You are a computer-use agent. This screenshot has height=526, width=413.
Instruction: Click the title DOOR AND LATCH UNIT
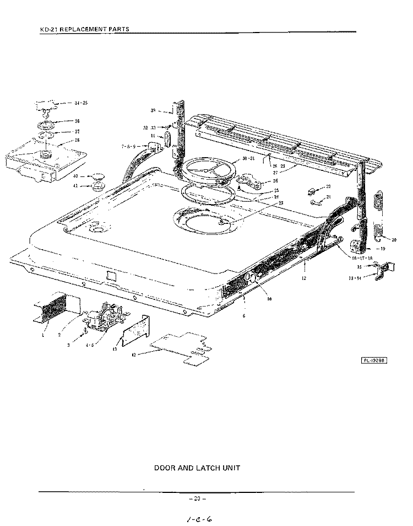pyautogui.click(x=197, y=468)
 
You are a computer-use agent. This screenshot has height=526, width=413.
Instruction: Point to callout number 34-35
pyautogui.click(x=81, y=103)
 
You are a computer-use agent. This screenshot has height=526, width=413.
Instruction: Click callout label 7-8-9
pyautogui.click(x=128, y=147)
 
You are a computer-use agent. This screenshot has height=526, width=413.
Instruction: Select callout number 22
pyautogui.click(x=328, y=187)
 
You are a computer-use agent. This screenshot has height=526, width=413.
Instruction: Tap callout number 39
pyautogui.click(x=153, y=111)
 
